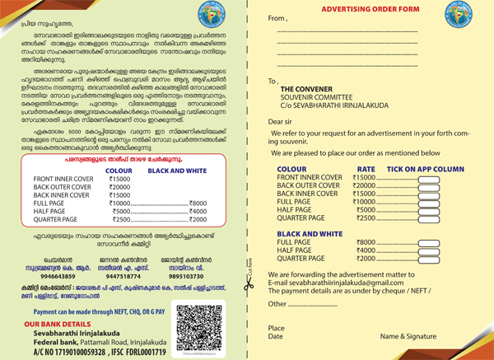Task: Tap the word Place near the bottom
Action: coord(277,328)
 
